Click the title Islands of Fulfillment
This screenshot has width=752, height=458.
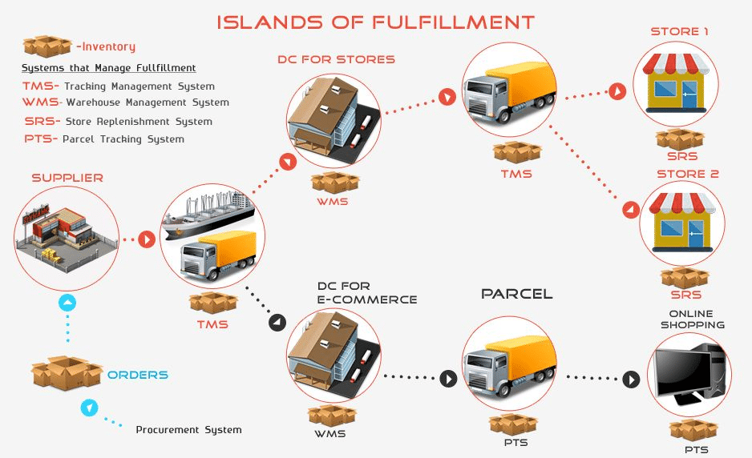[x=375, y=22]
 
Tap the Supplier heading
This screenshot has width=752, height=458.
[x=67, y=178]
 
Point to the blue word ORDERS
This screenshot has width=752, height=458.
[x=138, y=375]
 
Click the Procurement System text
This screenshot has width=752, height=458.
[x=188, y=430]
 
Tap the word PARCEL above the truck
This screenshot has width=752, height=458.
[x=516, y=294]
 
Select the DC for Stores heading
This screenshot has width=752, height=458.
[x=336, y=59]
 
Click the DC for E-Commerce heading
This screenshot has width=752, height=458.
[x=367, y=293]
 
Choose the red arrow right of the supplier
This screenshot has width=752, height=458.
[x=147, y=239]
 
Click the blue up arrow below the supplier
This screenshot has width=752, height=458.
[x=68, y=303]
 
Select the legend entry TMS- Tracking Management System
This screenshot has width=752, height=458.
[x=119, y=86]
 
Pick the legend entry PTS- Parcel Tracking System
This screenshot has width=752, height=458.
[x=104, y=139]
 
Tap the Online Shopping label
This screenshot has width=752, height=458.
[x=692, y=319]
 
